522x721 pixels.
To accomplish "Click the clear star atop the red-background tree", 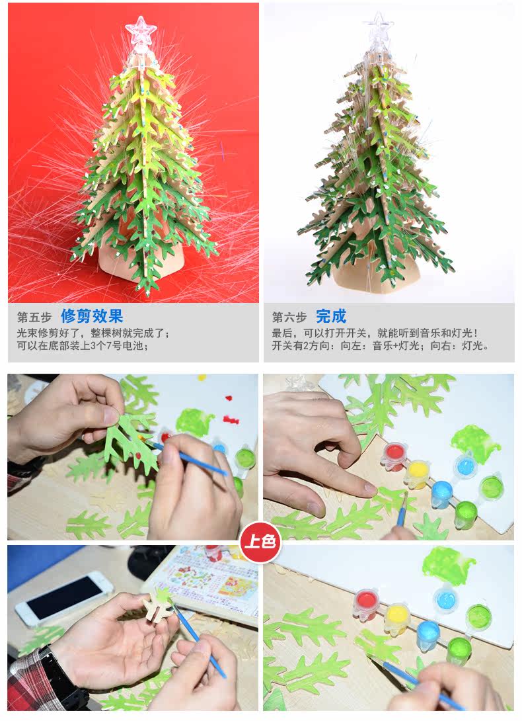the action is [x=141, y=31].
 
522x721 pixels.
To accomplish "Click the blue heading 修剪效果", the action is [x=92, y=316].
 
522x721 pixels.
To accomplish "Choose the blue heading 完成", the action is [x=331, y=316].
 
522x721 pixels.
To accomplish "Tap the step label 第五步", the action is [x=34, y=318].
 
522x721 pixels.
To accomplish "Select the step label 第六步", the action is [x=289, y=318].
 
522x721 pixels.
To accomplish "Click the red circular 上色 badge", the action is [x=260, y=541].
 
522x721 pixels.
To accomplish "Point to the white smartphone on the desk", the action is [x=65, y=598].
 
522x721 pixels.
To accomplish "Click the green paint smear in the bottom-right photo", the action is [x=449, y=566].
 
